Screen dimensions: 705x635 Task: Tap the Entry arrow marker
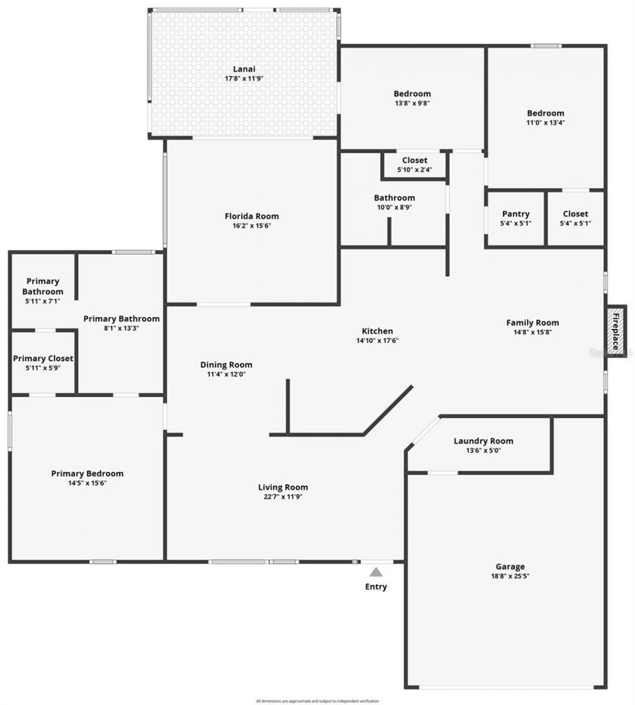(376, 572)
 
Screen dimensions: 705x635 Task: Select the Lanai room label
(244, 69)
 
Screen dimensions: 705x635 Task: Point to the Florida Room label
(251, 216)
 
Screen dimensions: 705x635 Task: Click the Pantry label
(515, 213)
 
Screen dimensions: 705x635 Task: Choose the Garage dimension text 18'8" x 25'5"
(510, 576)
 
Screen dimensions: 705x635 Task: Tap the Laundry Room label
(483, 441)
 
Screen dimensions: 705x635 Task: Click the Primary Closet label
(43, 358)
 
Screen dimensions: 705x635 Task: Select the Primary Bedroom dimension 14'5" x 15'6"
(87, 483)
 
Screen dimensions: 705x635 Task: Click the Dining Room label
(226, 364)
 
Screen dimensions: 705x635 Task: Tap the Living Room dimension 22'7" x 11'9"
(283, 496)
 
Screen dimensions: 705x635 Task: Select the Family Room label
(532, 322)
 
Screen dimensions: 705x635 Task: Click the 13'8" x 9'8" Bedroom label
(412, 94)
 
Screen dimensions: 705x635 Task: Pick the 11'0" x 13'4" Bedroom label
(546, 113)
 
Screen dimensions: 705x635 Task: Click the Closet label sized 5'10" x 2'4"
(414, 160)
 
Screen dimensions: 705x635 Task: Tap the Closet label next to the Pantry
(575, 213)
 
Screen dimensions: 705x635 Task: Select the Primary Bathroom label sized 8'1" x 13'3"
(122, 318)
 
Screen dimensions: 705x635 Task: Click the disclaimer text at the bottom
(317, 701)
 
